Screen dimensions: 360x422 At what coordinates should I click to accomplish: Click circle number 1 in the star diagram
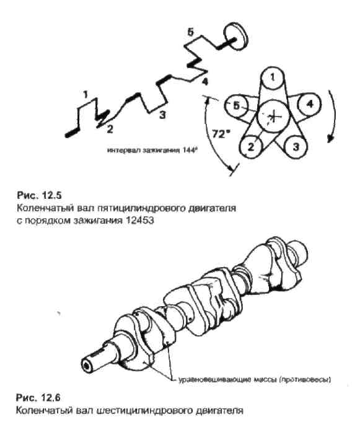tap(272, 78)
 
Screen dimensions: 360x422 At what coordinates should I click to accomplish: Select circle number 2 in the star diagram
tap(250, 147)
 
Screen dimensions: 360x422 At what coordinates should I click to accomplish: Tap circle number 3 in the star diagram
tap(296, 147)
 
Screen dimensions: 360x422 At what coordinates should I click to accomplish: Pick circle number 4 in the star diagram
tap(309, 104)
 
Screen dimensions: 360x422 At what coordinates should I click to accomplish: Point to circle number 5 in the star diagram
tap(235, 106)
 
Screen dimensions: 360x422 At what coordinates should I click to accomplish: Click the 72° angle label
tap(219, 134)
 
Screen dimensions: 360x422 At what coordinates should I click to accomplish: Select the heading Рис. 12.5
tap(39, 195)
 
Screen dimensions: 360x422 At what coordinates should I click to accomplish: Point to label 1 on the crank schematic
tap(86, 94)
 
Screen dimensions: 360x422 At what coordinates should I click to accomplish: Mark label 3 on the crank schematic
tap(162, 115)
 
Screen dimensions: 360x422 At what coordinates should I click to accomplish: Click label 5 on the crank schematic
tap(190, 32)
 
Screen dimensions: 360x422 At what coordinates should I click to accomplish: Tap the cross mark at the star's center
tap(273, 116)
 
